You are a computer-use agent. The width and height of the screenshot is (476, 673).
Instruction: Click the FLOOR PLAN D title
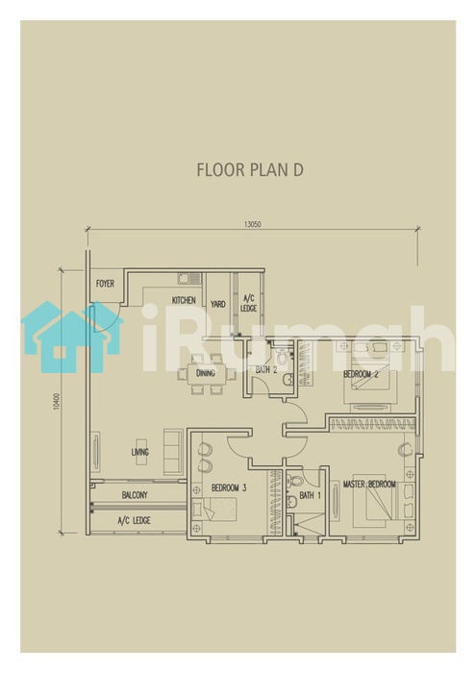point(250,169)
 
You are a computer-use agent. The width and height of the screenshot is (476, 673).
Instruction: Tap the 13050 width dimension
point(252,224)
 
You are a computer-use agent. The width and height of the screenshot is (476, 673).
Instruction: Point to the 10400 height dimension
point(56,401)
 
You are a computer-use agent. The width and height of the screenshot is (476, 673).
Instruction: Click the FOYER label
point(105,284)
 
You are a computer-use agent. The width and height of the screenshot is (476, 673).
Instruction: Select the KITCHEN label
point(184,300)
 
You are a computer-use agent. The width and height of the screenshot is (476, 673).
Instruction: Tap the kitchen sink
point(189,278)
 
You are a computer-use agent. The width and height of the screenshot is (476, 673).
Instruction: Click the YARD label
point(218,304)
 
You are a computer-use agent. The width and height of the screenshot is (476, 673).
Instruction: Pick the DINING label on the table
point(205,373)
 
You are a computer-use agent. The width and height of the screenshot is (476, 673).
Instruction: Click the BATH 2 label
point(266,369)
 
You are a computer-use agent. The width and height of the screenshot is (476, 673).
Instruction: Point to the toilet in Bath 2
point(282,356)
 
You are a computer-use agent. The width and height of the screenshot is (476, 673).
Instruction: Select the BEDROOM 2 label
point(361,374)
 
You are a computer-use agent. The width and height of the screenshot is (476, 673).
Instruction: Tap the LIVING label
point(140,452)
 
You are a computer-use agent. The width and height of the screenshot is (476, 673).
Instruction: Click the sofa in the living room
point(173,451)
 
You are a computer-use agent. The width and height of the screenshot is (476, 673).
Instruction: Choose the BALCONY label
point(135,495)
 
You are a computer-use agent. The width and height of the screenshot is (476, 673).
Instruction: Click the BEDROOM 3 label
point(229,488)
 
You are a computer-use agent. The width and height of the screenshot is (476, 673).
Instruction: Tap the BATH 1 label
point(310,496)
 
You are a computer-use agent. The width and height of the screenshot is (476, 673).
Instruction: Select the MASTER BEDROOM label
point(369,485)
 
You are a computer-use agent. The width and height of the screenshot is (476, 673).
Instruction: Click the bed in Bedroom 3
point(214,510)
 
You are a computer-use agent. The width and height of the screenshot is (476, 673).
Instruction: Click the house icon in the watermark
point(71,336)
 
